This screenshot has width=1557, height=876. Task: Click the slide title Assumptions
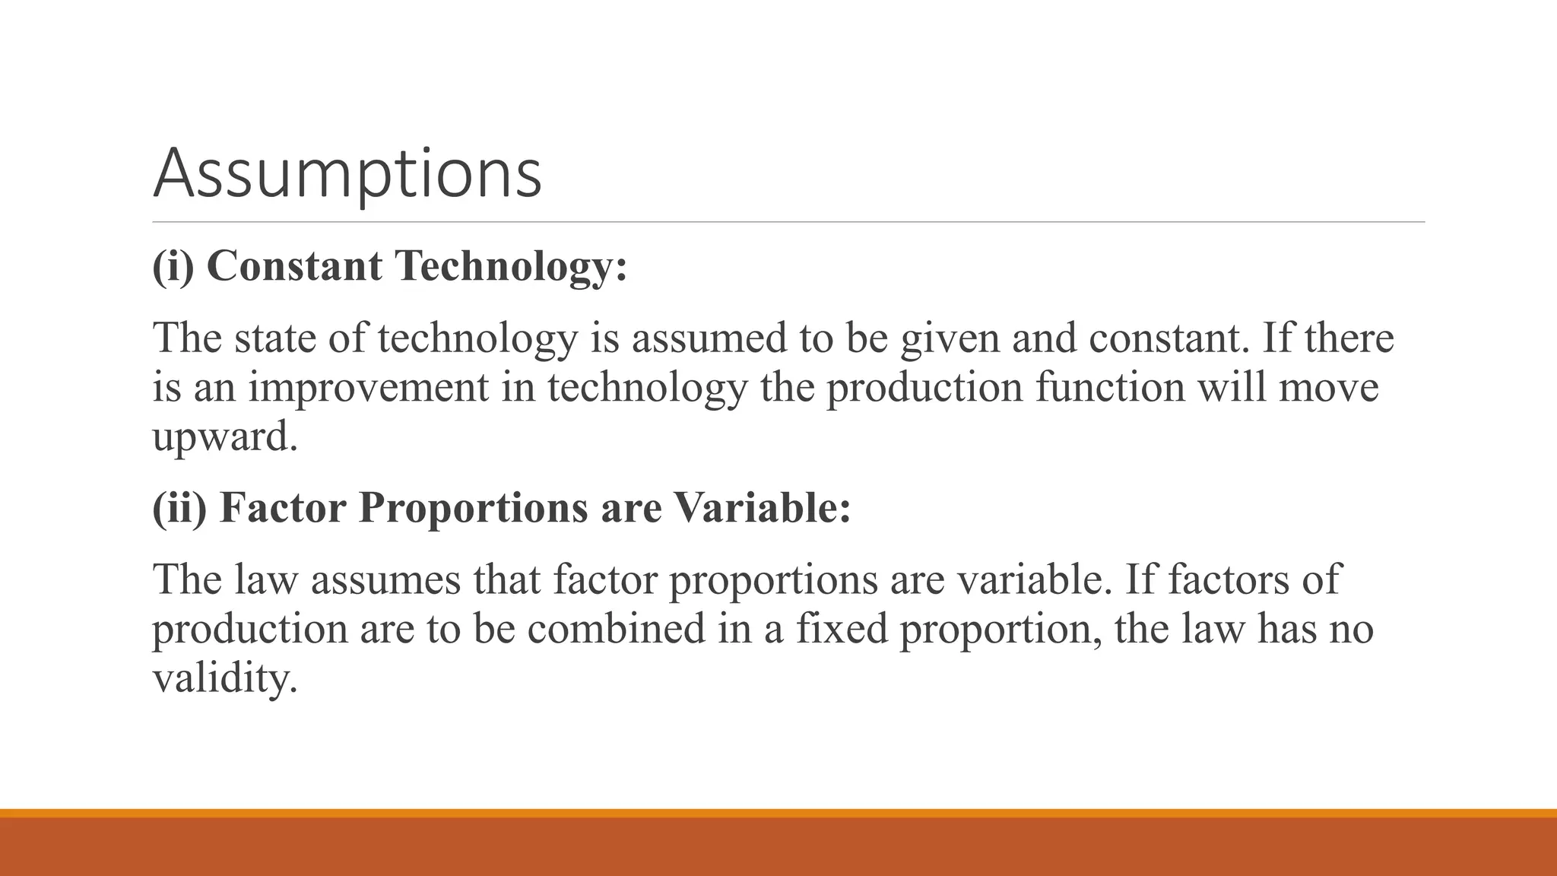click(347, 173)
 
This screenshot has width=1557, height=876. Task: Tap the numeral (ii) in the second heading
click(179, 507)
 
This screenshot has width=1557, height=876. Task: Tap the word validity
click(223, 678)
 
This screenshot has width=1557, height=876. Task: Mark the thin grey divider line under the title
click(788, 222)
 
